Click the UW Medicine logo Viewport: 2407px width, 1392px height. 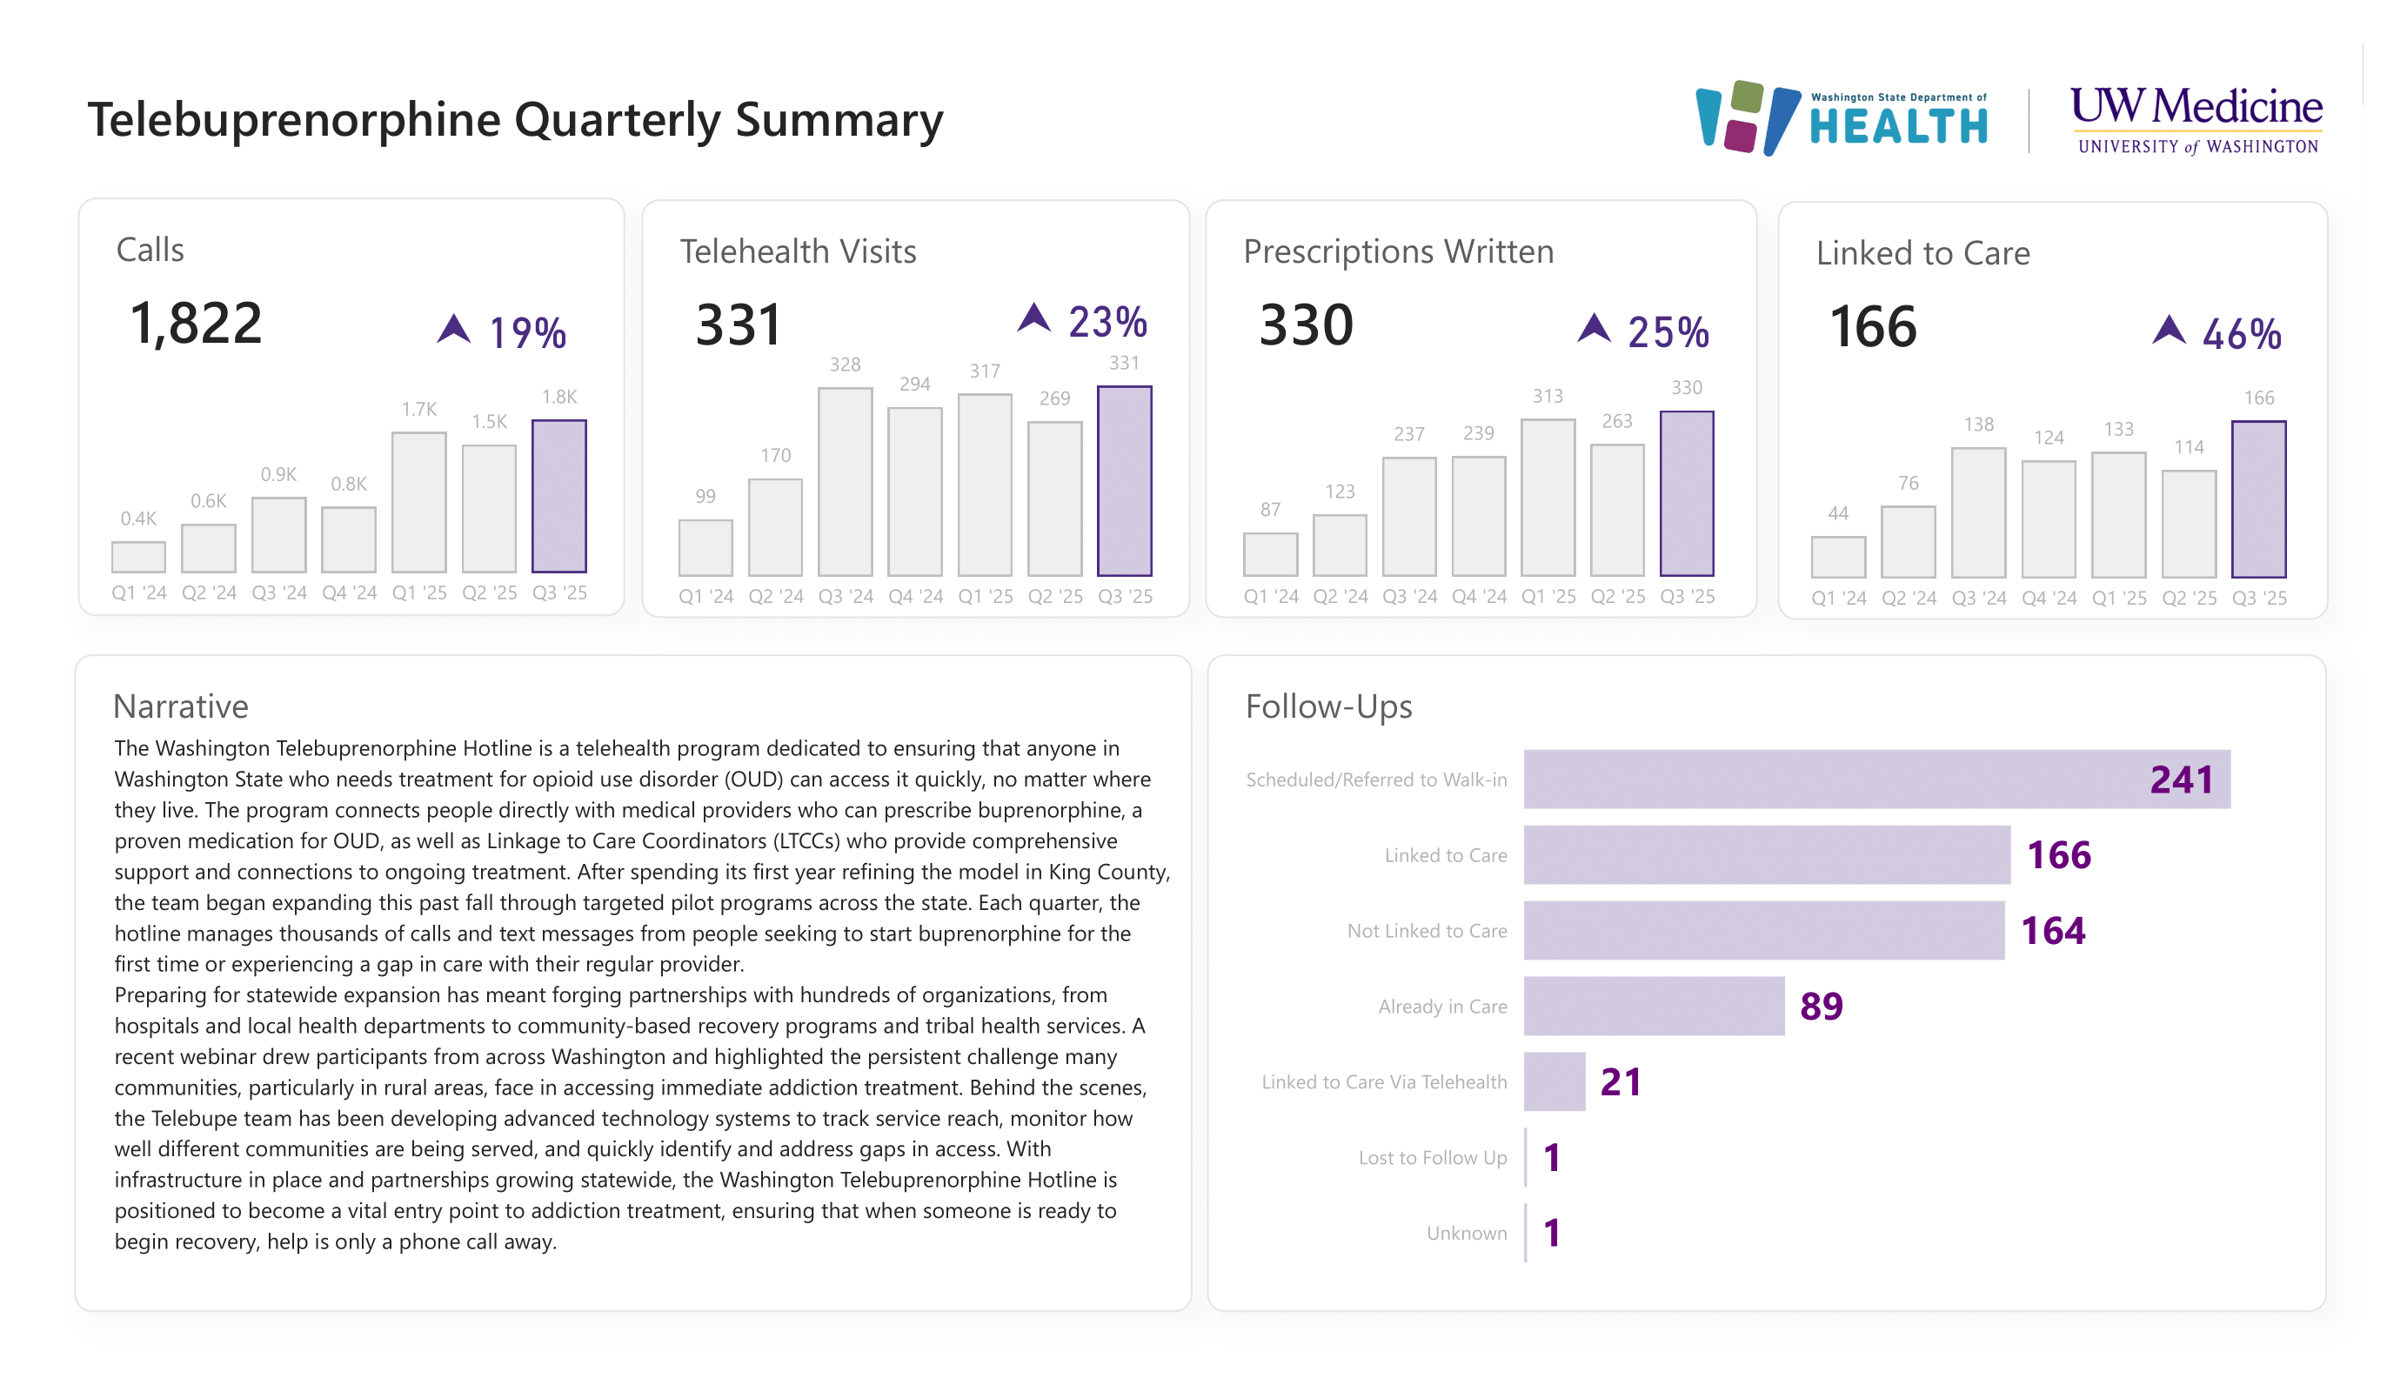2195,119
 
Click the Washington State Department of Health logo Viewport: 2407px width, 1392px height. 1842,118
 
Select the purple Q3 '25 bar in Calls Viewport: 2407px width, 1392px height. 558,497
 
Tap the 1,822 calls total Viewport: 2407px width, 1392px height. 196,323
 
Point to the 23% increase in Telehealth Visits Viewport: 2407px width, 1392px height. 1107,322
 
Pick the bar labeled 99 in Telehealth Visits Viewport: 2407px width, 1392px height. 705,547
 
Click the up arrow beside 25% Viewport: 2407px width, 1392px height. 1593,329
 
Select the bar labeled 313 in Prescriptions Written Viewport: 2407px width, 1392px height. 1548,497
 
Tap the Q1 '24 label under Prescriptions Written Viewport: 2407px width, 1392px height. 1270,596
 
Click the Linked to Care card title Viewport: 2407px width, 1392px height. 1922,253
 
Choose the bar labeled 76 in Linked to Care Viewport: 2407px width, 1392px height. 1908,542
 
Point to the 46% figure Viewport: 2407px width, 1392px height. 2241,334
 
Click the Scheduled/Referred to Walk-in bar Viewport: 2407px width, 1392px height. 1876,779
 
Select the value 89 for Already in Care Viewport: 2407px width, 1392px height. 1821,1006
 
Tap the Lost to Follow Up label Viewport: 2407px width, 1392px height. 1432,1158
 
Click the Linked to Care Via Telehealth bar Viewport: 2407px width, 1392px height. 1554,1081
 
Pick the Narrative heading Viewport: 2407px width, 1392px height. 181,706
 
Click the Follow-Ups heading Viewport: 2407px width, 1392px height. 1327,706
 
